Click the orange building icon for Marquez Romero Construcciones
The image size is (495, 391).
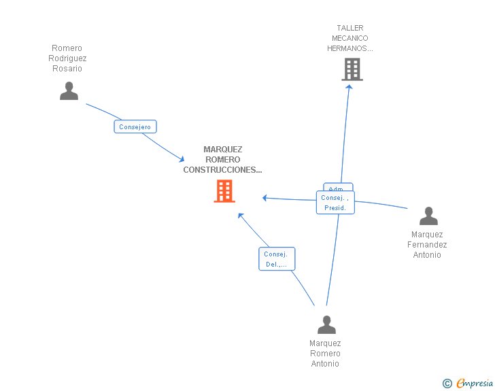224,191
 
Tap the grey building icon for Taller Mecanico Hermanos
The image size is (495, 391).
352,69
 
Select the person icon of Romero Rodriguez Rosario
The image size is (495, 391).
69,91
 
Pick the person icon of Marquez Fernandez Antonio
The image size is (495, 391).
428,216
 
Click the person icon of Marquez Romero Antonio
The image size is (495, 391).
326,325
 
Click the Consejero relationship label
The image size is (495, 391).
135,127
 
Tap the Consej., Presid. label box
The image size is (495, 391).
335,203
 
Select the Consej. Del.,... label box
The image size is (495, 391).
277,259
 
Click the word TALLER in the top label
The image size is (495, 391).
350,28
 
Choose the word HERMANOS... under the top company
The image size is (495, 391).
350,48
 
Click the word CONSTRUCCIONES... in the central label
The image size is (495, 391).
222,170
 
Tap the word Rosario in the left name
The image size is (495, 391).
67,69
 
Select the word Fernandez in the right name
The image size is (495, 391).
427,245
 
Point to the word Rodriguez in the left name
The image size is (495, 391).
67,58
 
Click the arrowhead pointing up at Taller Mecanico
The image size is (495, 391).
349,86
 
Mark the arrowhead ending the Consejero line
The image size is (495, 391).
182,159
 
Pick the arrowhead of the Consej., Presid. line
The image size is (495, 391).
265,198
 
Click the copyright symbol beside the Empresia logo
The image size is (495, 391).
447,384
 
